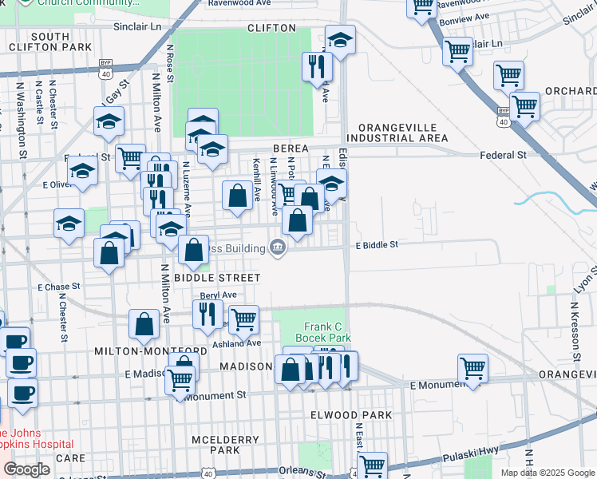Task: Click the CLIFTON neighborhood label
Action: [255, 27]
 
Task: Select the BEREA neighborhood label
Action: [291, 148]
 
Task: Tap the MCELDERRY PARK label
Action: [216, 445]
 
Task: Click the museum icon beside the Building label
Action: [277, 248]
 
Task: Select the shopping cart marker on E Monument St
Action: [472, 368]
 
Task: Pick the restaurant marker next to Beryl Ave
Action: [206, 314]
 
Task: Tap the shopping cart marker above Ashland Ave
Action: [243, 319]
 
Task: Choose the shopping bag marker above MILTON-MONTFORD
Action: [144, 323]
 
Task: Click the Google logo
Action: [27, 469]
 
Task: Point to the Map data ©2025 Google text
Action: [547, 473]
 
